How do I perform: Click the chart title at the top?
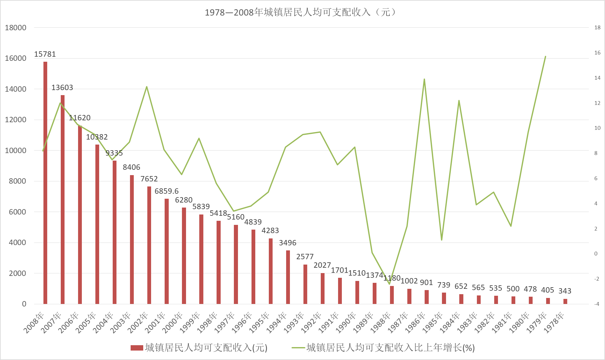pos(301,12)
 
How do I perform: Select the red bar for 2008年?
pos(45,183)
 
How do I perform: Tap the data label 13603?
pos(62,88)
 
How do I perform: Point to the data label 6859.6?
pos(167,191)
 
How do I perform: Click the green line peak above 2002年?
pos(147,87)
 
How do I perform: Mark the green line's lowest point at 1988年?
pos(389,284)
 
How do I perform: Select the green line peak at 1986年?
pos(424,79)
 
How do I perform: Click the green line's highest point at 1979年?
pos(545,57)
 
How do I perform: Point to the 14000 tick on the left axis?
pos(16,89)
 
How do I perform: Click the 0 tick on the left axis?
pos(24,304)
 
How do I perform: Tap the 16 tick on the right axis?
pos(597,53)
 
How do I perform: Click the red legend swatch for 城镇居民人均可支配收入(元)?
pos(137,348)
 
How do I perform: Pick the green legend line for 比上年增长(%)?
pos(298,348)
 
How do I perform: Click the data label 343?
pos(565,291)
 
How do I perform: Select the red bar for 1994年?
pos(288,277)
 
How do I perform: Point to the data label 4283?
pos(270,231)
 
